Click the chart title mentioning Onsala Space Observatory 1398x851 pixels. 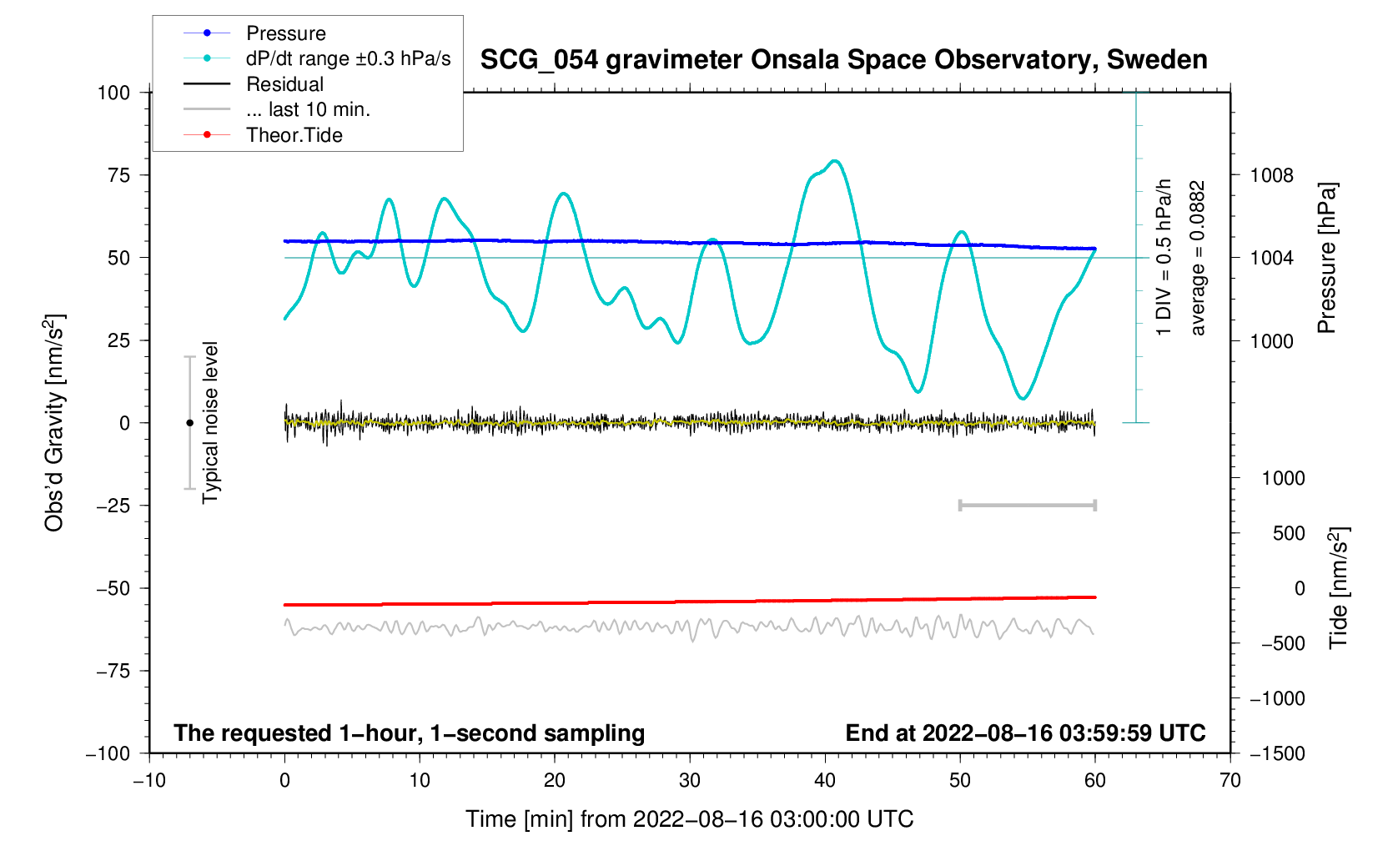click(843, 60)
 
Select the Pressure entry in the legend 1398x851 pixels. click(285, 33)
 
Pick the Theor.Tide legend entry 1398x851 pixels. click(294, 135)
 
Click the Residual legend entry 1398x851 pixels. click(284, 84)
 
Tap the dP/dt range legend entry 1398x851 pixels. click(348, 59)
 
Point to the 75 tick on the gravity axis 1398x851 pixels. click(118, 175)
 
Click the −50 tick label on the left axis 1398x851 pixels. click(113, 588)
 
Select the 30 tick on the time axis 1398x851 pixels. click(690, 780)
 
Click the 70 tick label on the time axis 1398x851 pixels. click(1230, 780)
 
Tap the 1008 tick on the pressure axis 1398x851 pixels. click(1271, 175)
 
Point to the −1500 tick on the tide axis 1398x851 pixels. click(1276, 753)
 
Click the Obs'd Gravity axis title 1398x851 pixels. click(54, 423)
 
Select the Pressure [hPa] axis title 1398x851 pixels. click(1326, 258)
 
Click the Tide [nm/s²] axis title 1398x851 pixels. click(1339, 588)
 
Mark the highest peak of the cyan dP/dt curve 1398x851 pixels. click(835, 161)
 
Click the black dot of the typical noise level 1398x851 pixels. click(189, 423)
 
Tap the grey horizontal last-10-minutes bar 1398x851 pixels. click(1027, 506)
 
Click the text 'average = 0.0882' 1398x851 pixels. click(1198, 258)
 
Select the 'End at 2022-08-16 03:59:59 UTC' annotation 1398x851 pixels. click(1025, 733)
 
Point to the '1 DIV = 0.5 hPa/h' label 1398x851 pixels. click(1164, 258)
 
